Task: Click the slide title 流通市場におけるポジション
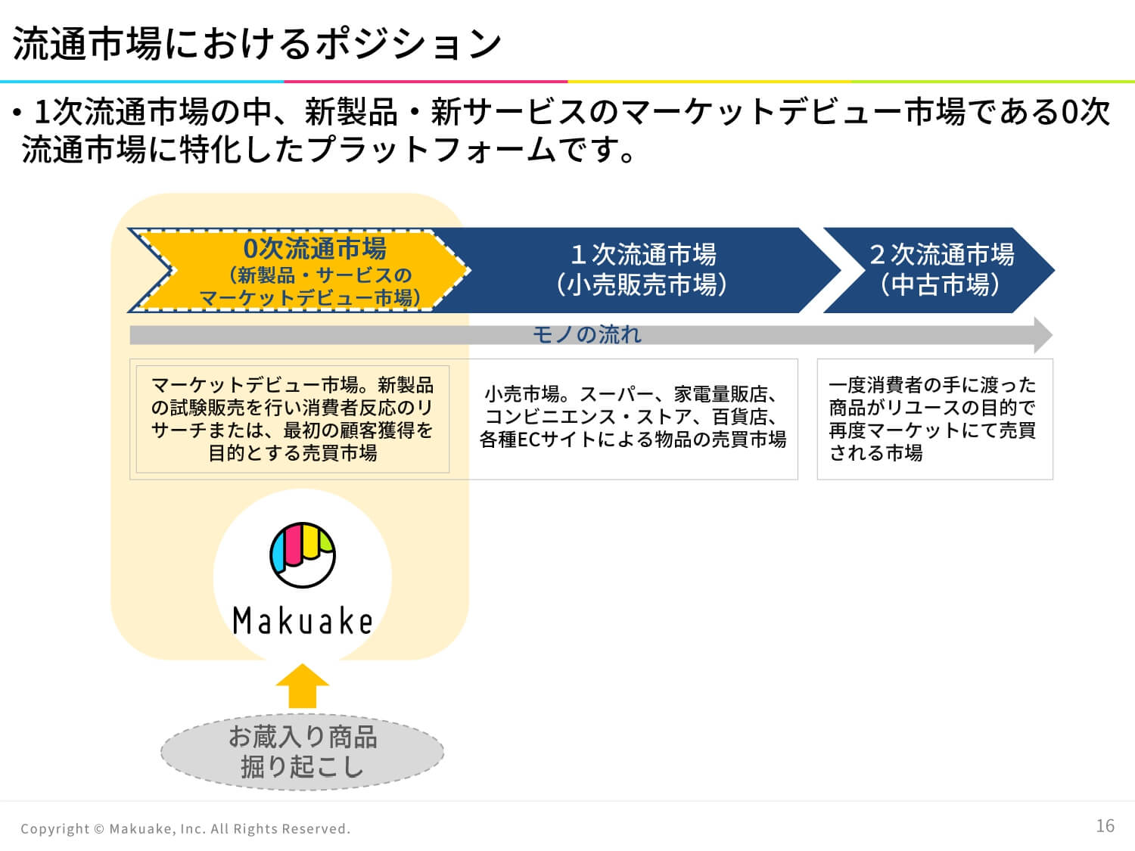coord(257,43)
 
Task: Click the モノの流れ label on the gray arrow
coord(587,335)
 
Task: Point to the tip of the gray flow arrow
coord(1053,335)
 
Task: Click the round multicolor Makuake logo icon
coord(303,555)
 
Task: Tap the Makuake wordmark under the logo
coord(303,621)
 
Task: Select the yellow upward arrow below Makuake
coord(303,685)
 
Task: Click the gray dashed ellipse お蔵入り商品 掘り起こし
coord(303,752)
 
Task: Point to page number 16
coord(1105,826)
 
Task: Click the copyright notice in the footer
coord(185,829)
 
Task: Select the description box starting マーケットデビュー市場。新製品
coord(293,419)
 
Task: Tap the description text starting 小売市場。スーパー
coord(633,417)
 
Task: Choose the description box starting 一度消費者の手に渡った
coord(935,419)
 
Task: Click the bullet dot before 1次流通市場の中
coord(17,112)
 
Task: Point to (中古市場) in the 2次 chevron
coord(940,284)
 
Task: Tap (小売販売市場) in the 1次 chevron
coord(641,284)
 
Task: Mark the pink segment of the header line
coord(425,82)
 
